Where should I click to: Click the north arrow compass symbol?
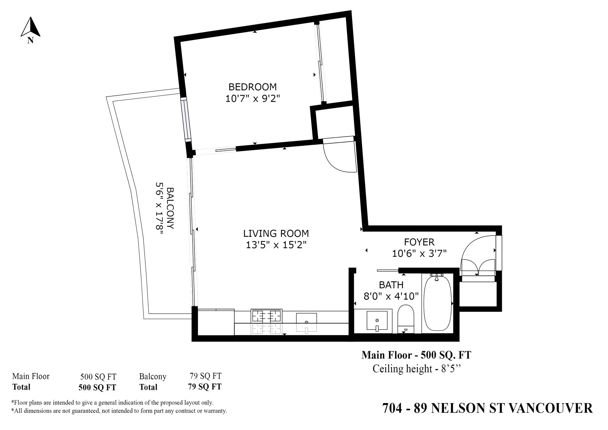[x=30, y=28]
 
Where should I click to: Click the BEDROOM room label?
[x=252, y=87]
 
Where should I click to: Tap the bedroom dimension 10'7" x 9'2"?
[x=252, y=98]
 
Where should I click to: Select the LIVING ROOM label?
[x=276, y=233]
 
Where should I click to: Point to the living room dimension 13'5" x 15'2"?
[x=276, y=245]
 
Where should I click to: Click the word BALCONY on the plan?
[x=170, y=208]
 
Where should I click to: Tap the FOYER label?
[x=419, y=242]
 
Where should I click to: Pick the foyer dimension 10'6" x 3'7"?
[x=419, y=253]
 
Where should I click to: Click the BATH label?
[x=391, y=285]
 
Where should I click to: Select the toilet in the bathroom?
[x=406, y=318]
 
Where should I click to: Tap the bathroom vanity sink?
[x=377, y=320]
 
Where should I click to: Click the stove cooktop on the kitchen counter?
[x=266, y=316]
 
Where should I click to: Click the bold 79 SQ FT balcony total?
[x=205, y=387]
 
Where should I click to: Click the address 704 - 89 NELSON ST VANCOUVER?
[x=487, y=408]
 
